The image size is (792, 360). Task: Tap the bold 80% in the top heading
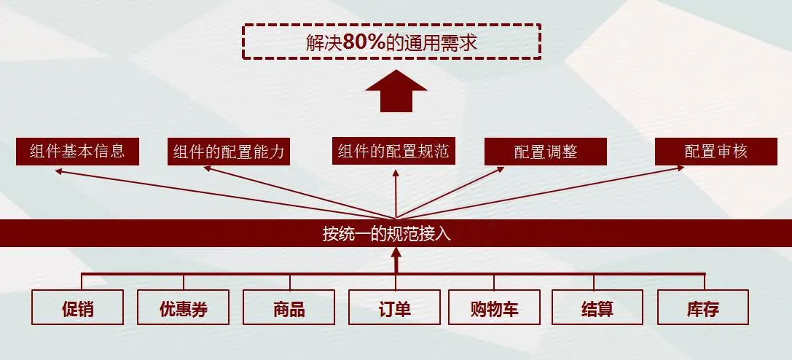coord(364,42)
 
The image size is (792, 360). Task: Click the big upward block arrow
coord(396,90)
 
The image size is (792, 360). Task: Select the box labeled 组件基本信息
coord(77,152)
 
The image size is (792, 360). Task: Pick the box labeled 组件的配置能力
coord(229,152)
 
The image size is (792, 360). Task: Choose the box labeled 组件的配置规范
coord(394,152)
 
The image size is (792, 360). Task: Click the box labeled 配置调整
coord(546,152)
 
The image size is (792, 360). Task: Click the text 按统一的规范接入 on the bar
coord(396,234)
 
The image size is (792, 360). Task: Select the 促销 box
coord(77,308)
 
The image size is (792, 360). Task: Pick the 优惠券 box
coord(183,308)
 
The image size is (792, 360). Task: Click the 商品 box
coord(289,308)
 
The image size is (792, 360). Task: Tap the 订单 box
coord(394,308)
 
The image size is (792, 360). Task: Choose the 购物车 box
coord(494,308)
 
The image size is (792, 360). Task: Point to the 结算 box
coord(597,308)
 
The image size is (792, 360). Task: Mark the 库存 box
coord(702,308)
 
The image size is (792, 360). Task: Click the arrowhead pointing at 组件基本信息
coord(59,171)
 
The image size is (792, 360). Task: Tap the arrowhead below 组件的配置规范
coord(396,173)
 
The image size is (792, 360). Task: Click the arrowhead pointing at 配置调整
coord(500,171)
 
